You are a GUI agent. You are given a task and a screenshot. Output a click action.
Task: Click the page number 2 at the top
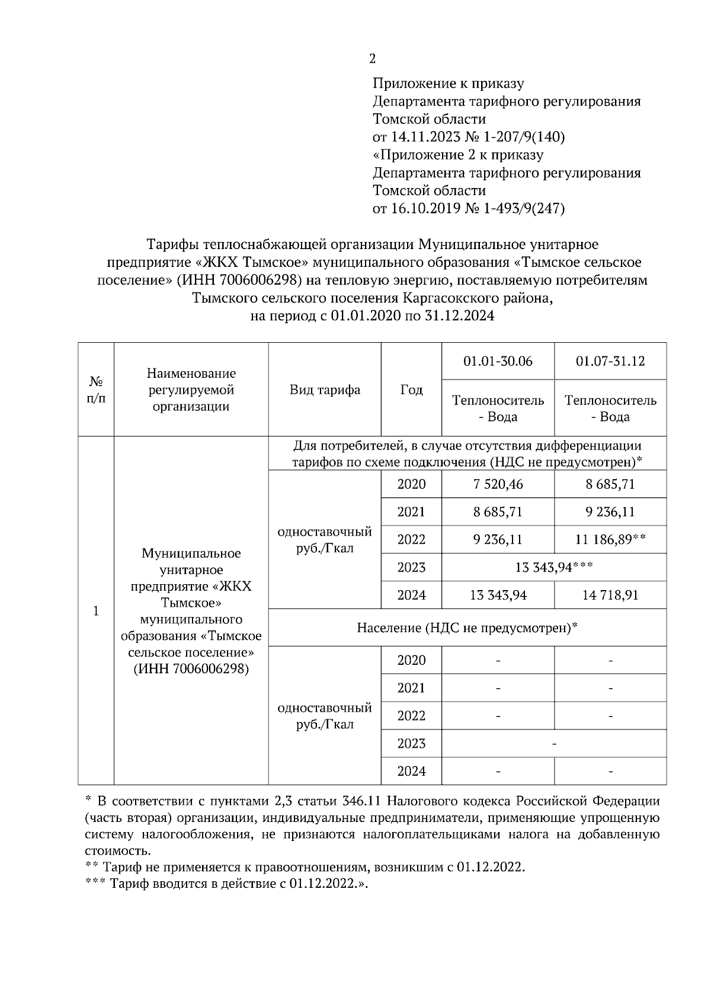pos(372,59)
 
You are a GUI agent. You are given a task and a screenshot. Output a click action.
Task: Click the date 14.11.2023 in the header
pos(422,137)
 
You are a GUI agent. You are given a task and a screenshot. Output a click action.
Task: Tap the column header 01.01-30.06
pos(498,361)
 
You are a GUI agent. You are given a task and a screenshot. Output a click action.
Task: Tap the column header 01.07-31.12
pos(610,361)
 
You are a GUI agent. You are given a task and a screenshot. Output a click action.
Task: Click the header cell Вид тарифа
pos(325,390)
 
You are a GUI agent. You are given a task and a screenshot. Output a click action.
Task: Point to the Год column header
pos(411,390)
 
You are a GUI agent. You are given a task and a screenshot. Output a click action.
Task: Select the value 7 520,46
pos(498,484)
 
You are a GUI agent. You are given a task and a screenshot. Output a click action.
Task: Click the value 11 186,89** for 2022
pos(610,540)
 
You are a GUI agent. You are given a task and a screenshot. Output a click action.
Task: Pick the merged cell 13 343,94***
pos(554,568)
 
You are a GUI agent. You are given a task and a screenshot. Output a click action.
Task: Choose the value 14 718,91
pos(610,595)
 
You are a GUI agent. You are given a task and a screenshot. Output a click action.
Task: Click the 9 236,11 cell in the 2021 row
pos(610,512)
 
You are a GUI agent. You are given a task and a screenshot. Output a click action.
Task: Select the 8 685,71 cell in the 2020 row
pos(610,484)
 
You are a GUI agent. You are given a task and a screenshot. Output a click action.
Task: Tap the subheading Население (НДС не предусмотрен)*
pos(467,627)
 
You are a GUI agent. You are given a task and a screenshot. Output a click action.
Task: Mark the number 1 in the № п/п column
pos(96,611)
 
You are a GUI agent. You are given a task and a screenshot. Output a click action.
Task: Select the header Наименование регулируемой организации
pos(191,390)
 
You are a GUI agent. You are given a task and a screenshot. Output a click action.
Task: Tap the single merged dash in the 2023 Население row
pos(554,743)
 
